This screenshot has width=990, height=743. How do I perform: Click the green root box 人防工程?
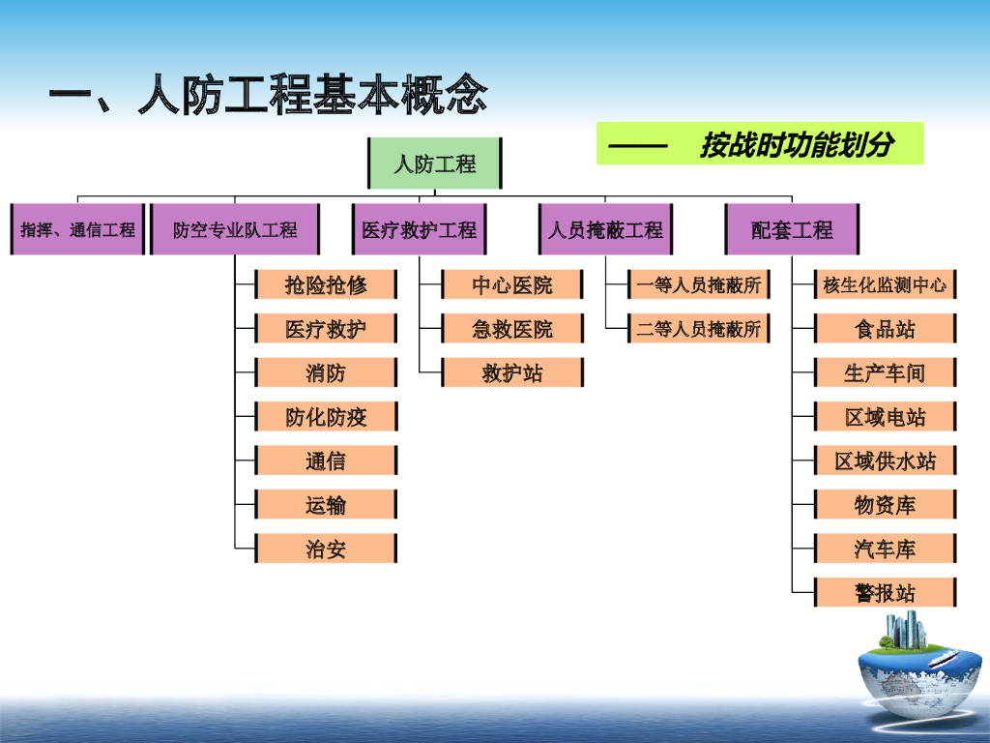pos(435,163)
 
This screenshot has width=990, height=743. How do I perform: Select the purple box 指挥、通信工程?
pos(78,230)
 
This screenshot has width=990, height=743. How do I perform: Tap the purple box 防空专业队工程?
pos(235,230)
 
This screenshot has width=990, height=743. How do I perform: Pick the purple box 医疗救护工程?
pos(419,230)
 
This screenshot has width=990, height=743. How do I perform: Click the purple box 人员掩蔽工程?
pos(606,230)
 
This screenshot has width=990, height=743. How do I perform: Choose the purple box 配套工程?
pos(792,230)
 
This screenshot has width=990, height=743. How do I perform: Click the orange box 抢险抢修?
pos(326,284)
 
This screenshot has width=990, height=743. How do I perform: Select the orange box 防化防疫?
pos(326,417)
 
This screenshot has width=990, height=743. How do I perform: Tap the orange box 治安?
pos(326,550)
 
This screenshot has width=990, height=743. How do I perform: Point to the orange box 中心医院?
pos(512,284)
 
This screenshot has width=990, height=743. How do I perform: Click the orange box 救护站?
pos(512,372)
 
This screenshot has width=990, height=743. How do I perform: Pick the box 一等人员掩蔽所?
pos(699,284)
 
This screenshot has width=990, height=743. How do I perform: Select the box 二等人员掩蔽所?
pos(699,329)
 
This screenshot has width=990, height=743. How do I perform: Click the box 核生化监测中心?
pos(885,284)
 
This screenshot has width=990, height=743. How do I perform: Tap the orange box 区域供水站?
pos(885,461)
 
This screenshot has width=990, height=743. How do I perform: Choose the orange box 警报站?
pos(885,592)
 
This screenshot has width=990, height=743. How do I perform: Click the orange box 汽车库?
pos(885,549)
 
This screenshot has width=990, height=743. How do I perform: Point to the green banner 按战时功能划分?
pos(760,144)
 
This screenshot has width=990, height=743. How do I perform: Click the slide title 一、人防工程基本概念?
pos(268,98)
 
